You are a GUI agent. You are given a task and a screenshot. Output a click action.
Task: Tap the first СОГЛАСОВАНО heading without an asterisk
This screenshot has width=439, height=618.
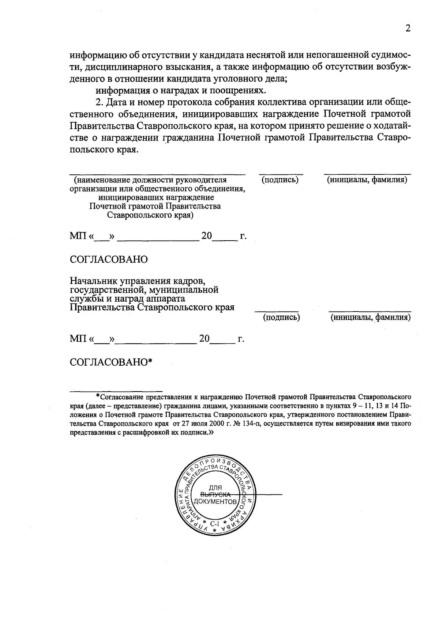click(x=109, y=259)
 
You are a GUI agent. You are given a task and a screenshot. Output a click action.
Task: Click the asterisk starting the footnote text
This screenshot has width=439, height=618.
click(x=98, y=396)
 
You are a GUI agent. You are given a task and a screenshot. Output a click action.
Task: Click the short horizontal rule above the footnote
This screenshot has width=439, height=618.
click(x=116, y=391)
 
